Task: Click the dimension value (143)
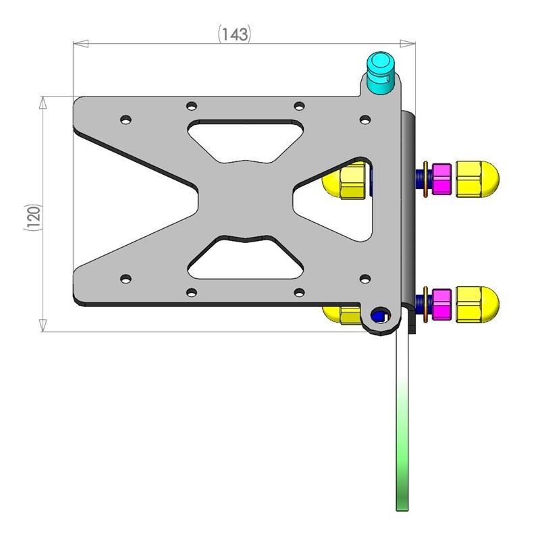click(234, 34)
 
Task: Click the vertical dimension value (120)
click(34, 218)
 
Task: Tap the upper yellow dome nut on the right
click(478, 179)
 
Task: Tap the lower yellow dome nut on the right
click(478, 303)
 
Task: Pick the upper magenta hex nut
click(441, 179)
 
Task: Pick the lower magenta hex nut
click(441, 304)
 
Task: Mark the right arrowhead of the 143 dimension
click(408, 45)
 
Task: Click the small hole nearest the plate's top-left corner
click(125, 119)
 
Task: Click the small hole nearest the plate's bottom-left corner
click(125, 278)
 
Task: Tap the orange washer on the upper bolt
click(424, 179)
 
